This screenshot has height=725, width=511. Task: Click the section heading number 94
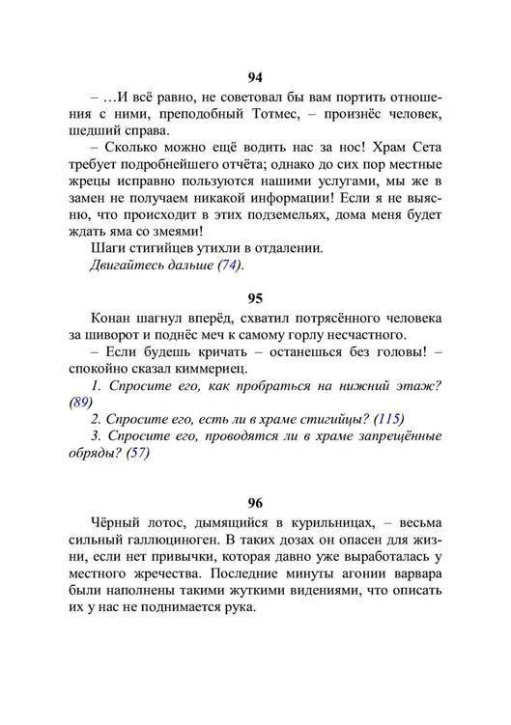tap(255, 78)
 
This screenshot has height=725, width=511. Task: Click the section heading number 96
tap(255, 502)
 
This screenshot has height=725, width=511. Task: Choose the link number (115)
tap(385, 420)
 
